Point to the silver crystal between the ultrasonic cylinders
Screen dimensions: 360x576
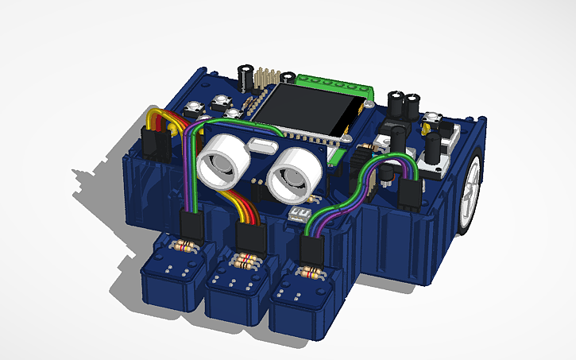pyautogui.click(x=261, y=145)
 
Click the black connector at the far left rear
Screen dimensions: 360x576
pyautogui.click(x=154, y=144)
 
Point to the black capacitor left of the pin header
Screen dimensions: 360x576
pyautogui.click(x=249, y=76)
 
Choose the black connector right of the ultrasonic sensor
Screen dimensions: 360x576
pyautogui.click(x=412, y=193)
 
